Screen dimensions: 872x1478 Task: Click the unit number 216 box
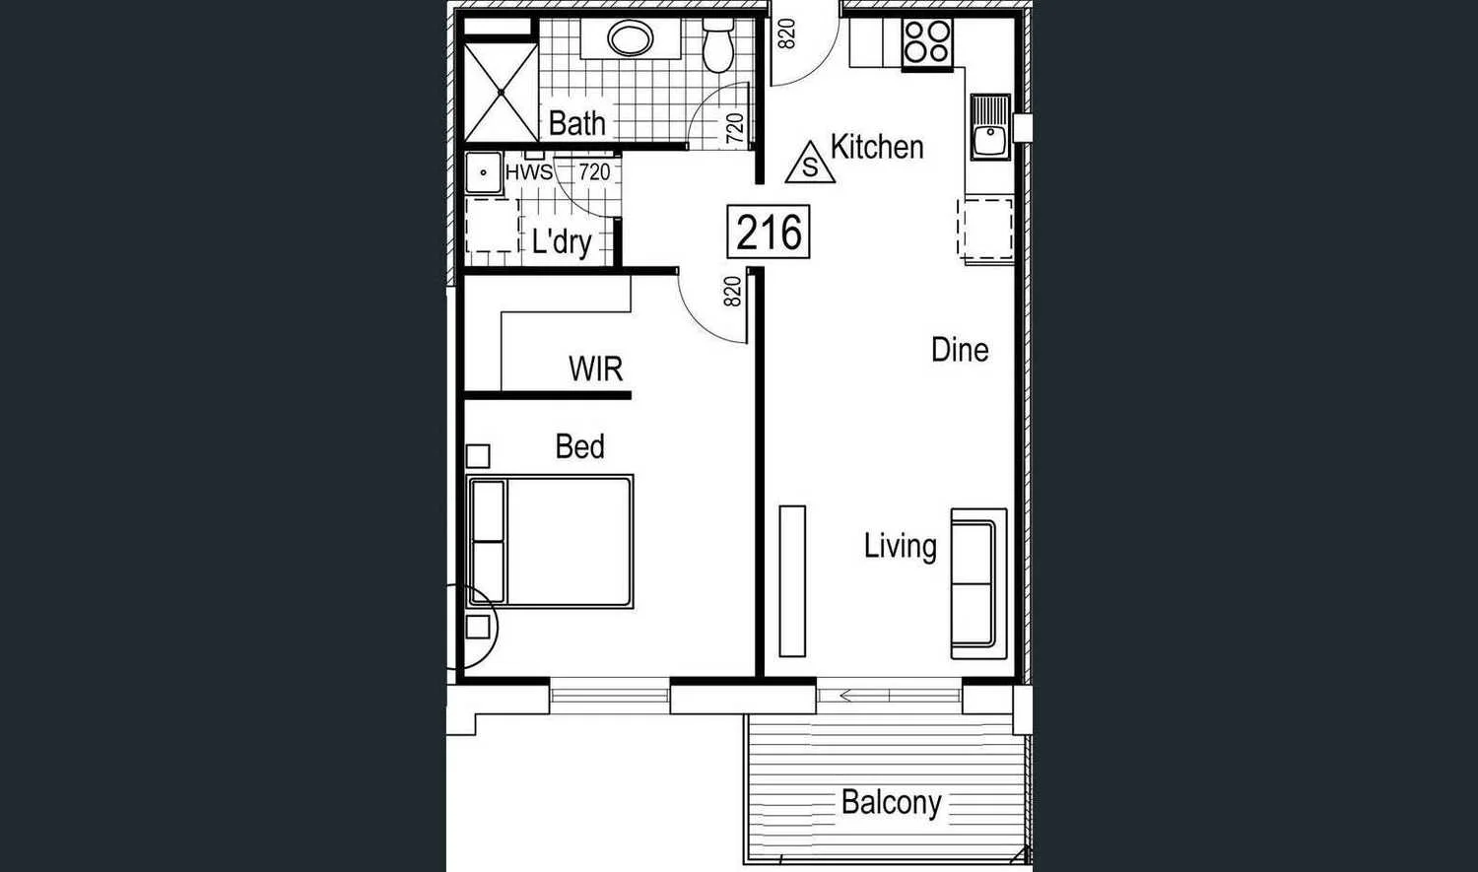769,233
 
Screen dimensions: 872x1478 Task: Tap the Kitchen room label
877,147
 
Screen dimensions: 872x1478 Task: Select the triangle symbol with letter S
810,164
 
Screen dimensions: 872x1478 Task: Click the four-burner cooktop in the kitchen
927,42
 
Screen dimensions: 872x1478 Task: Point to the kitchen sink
990,128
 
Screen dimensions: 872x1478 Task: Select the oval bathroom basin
630,39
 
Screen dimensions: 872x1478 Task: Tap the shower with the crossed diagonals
501,92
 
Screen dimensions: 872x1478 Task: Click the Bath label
576,123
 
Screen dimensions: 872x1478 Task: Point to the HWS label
528,172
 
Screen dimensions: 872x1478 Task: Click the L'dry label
561,241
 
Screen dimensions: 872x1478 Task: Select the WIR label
595,369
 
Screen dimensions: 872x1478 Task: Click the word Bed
579,446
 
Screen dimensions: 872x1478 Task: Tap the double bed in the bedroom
551,541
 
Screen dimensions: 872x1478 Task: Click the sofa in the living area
977,583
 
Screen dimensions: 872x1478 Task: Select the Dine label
960,350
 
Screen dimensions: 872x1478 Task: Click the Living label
900,546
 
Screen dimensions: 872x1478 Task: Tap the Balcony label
891,802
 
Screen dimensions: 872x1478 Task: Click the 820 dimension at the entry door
786,34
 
